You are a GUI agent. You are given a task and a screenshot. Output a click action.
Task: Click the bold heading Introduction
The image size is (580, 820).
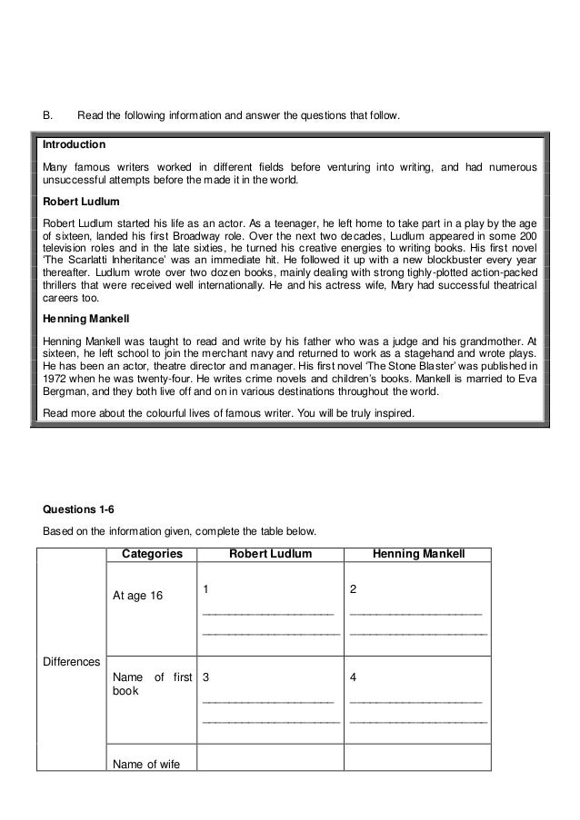[75, 144]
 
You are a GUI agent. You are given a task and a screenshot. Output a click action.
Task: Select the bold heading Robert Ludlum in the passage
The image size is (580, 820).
[82, 201]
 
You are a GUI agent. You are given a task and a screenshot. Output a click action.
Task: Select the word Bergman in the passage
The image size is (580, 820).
[69, 392]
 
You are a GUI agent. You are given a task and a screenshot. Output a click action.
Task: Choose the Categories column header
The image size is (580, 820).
[151, 554]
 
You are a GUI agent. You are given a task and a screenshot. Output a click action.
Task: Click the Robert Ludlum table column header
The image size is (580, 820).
[270, 554]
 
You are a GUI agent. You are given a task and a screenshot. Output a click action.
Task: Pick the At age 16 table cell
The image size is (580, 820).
[137, 596]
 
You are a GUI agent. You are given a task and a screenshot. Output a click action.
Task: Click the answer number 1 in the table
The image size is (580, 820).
[205, 589]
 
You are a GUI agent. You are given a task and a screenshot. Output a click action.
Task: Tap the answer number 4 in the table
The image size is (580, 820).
[353, 677]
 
